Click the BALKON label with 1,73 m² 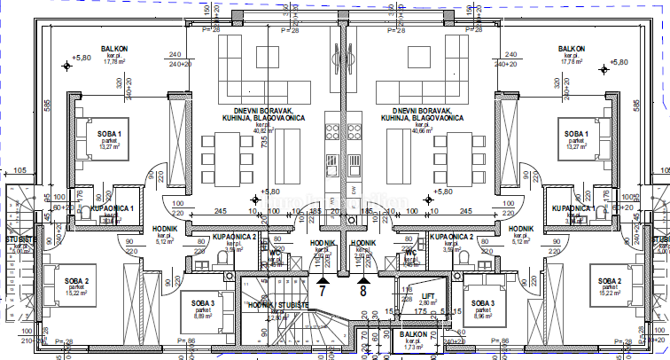[413, 335]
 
